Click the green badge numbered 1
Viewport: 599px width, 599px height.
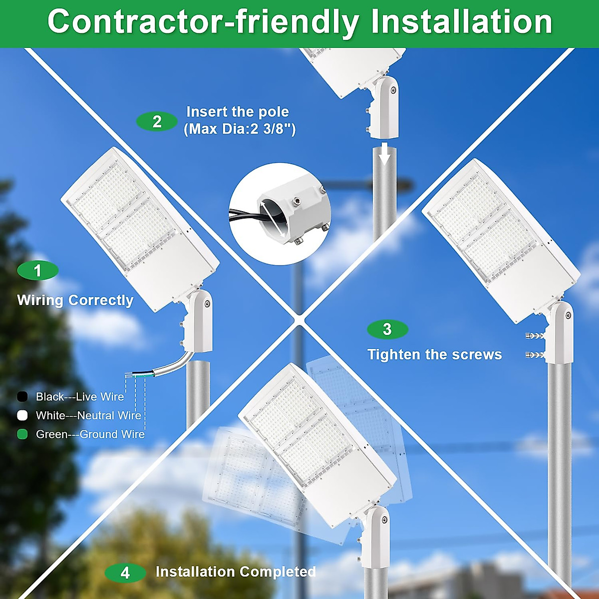point(38,271)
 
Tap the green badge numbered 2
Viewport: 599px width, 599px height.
point(157,121)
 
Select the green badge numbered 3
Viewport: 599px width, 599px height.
point(388,329)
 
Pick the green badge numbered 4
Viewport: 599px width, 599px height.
point(125,573)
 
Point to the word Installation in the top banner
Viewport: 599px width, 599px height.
point(461,22)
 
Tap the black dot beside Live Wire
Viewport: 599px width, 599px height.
point(22,397)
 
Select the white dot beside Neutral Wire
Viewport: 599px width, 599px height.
point(22,415)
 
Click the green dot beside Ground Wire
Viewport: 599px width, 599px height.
point(22,434)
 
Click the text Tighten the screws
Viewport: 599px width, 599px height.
point(434,354)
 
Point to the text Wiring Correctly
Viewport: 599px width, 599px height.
point(75,300)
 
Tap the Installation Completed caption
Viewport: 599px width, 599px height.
point(236,572)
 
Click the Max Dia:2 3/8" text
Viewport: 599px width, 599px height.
point(240,129)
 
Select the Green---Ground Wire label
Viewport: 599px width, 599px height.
point(90,434)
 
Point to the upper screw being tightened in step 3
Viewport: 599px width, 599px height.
point(535,336)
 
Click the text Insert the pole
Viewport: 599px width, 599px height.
point(238,112)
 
